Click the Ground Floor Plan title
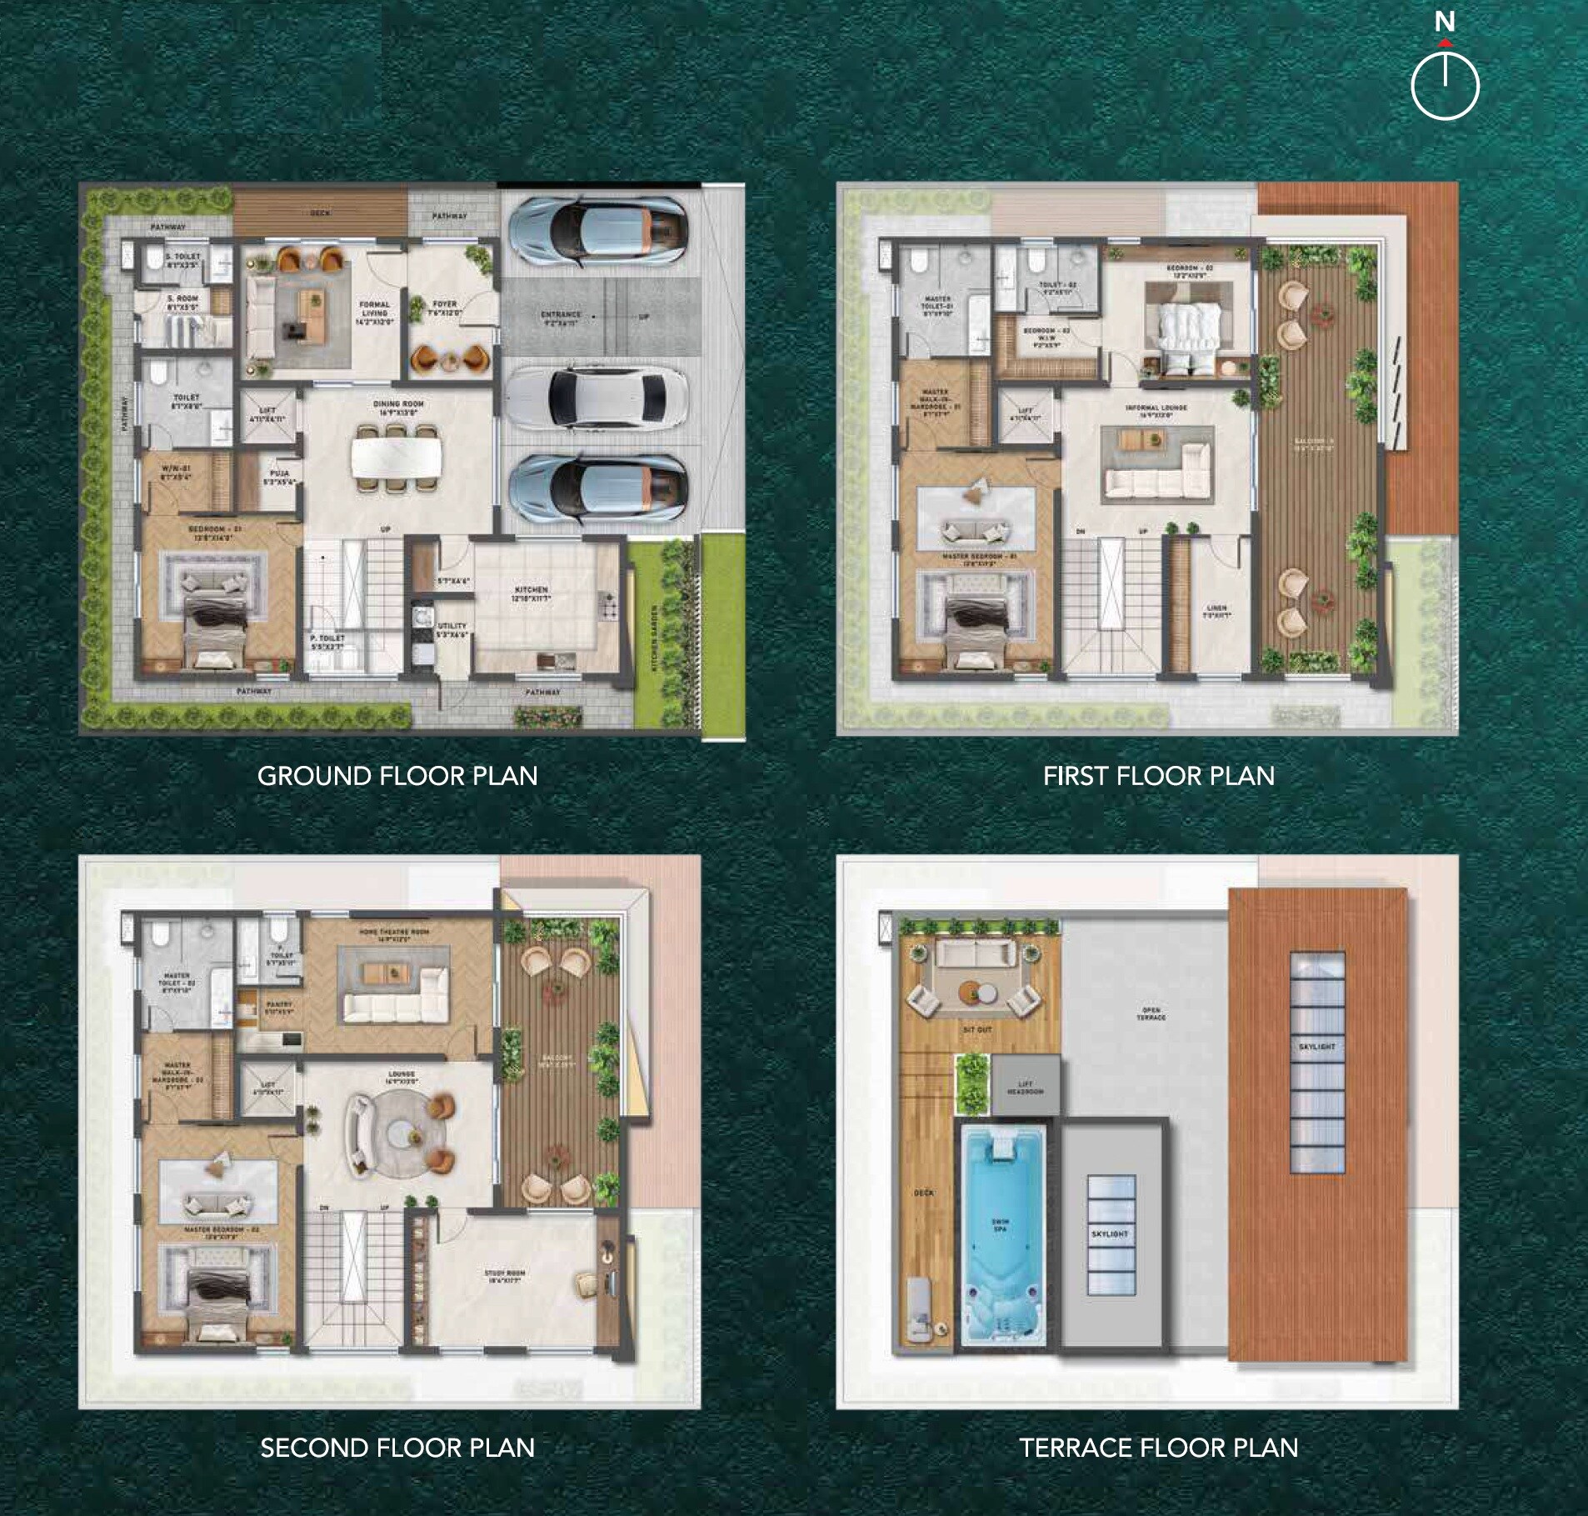click(397, 776)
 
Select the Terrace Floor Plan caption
click(1158, 1448)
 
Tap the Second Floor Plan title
click(397, 1448)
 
